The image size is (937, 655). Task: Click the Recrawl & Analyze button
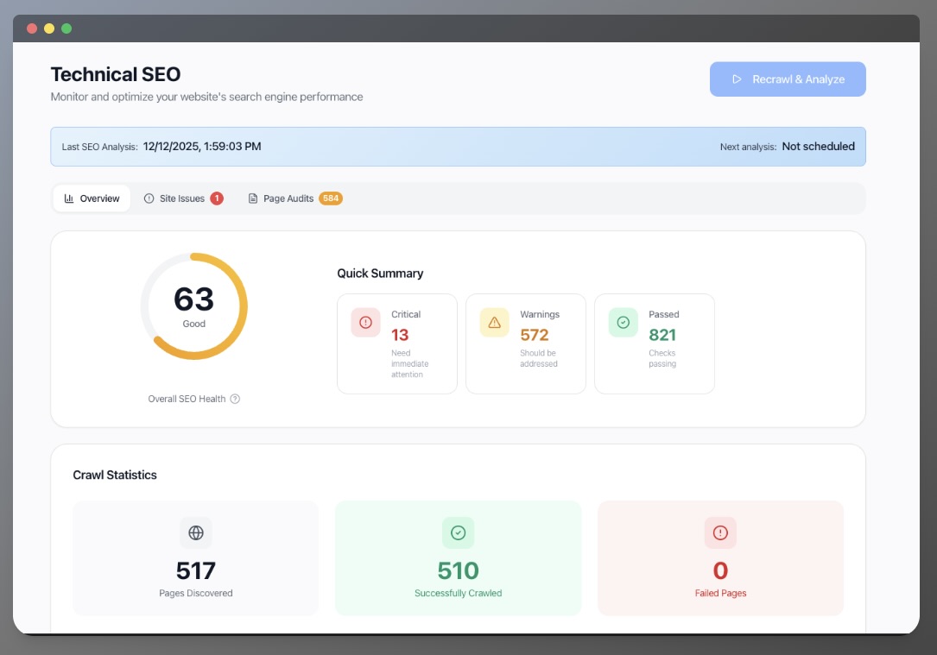pos(788,79)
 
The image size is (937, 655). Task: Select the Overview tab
pos(92,198)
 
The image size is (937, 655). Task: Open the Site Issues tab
pos(182,198)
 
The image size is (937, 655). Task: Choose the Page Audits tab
pos(288,198)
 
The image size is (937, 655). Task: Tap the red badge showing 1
pos(217,198)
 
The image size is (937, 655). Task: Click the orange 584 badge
pos(331,198)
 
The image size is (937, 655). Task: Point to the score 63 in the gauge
pos(193,299)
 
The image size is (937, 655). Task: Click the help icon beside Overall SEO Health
pos(235,399)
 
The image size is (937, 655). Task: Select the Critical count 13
pos(400,335)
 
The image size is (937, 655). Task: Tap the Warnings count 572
pos(535,335)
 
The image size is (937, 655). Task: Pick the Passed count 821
pos(662,335)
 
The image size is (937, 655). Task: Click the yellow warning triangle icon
pos(494,323)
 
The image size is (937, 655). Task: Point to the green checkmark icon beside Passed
pos(623,323)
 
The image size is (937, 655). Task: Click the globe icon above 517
pos(196,533)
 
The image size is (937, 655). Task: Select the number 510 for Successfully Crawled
pos(458,570)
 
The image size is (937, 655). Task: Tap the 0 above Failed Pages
pos(720,570)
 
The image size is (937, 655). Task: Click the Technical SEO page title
pos(116,74)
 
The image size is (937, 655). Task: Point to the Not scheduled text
pos(818,147)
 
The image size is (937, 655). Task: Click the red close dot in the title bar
pos(32,28)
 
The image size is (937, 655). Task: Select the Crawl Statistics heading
pos(115,476)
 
